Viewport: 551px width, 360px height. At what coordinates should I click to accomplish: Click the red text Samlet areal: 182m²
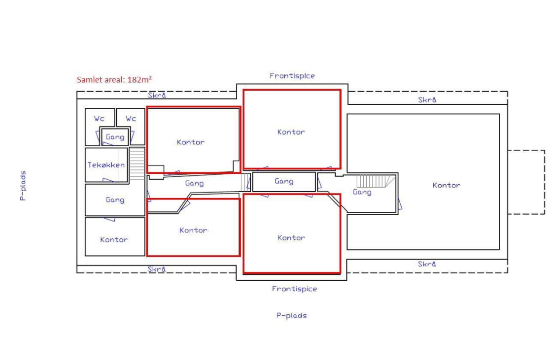pyautogui.click(x=114, y=80)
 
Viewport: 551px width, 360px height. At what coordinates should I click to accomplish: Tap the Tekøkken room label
pyautogui.click(x=106, y=164)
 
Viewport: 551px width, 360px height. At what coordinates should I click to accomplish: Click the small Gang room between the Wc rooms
pyautogui.click(x=115, y=136)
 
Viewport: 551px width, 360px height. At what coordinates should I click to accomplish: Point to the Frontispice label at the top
pyautogui.click(x=292, y=75)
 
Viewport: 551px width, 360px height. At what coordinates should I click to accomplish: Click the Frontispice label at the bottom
pyautogui.click(x=295, y=289)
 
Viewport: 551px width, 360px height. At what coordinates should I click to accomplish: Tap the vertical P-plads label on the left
pyautogui.click(x=23, y=186)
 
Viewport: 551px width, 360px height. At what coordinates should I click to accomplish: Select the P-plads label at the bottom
pyautogui.click(x=292, y=315)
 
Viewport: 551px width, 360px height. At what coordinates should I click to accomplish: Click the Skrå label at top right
pyautogui.click(x=427, y=100)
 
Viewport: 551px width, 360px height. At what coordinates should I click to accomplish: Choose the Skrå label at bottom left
pyautogui.click(x=157, y=269)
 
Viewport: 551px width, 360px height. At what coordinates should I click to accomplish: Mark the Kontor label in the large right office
pyautogui.click(x=447, y=185)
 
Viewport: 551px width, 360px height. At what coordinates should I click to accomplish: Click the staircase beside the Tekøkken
pyautogui.click(x=137, y=164)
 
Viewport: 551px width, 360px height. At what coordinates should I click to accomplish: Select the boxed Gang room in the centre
pyautogui.click(x=284, y=182)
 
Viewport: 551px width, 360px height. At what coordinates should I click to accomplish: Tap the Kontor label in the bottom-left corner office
pyautogui.click(x=114, y=239)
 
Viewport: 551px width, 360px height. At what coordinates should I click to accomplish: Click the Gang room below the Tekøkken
pyautogui.click(x=115, y=199)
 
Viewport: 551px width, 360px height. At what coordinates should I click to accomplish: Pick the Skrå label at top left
pyautogui.click(x=157, y=95)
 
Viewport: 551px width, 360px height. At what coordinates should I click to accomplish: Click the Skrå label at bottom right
pyautogui.click(x=427, y=264)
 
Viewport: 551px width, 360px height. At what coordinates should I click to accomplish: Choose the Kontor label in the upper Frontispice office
pyautogui.click(x=291, y=132)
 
